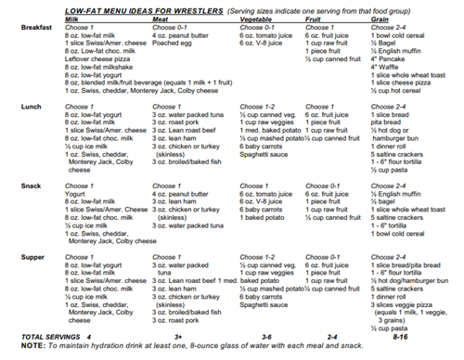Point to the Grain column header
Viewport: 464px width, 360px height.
pos(384,17)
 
